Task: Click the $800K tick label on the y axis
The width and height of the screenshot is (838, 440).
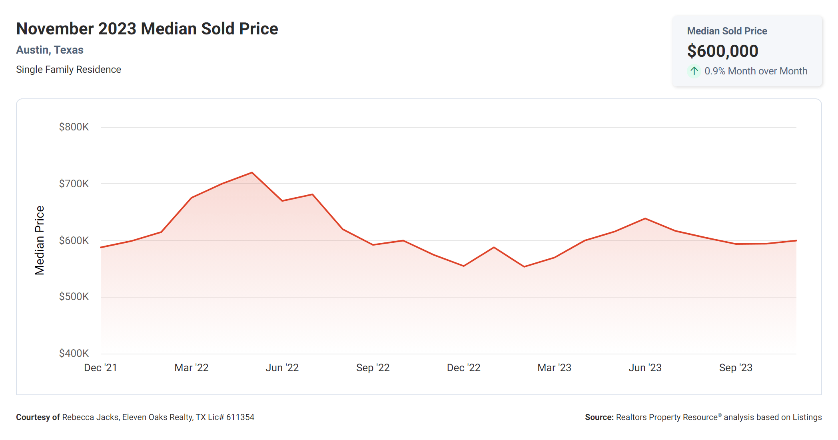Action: coord(74,127)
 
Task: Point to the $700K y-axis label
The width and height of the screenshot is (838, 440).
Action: coord(74,184)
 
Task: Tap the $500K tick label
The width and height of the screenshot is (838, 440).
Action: coord(74,297)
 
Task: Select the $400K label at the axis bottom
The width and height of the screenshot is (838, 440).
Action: coord(74,354)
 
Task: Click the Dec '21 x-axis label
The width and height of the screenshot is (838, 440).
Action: coord(100,368)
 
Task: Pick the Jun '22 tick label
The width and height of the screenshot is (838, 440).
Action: coord(282,368)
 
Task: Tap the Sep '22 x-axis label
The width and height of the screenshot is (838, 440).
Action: coord(373,368)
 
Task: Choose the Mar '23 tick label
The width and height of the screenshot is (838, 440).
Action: coord(554,368)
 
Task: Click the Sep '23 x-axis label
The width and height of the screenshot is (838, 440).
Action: coord(736,368)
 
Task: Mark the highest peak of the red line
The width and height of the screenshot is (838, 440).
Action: coord(252,173)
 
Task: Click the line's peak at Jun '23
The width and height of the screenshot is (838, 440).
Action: coord(645,218)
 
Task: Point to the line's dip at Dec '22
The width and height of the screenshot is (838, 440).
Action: coord(464,266)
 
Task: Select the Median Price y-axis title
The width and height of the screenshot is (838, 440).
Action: coord(40,240)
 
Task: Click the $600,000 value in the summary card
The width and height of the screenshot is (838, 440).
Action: coord(722,51)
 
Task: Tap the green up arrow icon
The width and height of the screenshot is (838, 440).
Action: coord(694,71)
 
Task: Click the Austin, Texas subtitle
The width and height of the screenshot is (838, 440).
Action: coord(50,50)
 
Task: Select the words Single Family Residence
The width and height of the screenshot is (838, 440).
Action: coord(68,70)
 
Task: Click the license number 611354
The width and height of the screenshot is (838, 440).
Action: coord(240,418)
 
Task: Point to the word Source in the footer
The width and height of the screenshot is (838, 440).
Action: coord(599,418)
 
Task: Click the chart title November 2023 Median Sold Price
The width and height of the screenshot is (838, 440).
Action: coord(147,29)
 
